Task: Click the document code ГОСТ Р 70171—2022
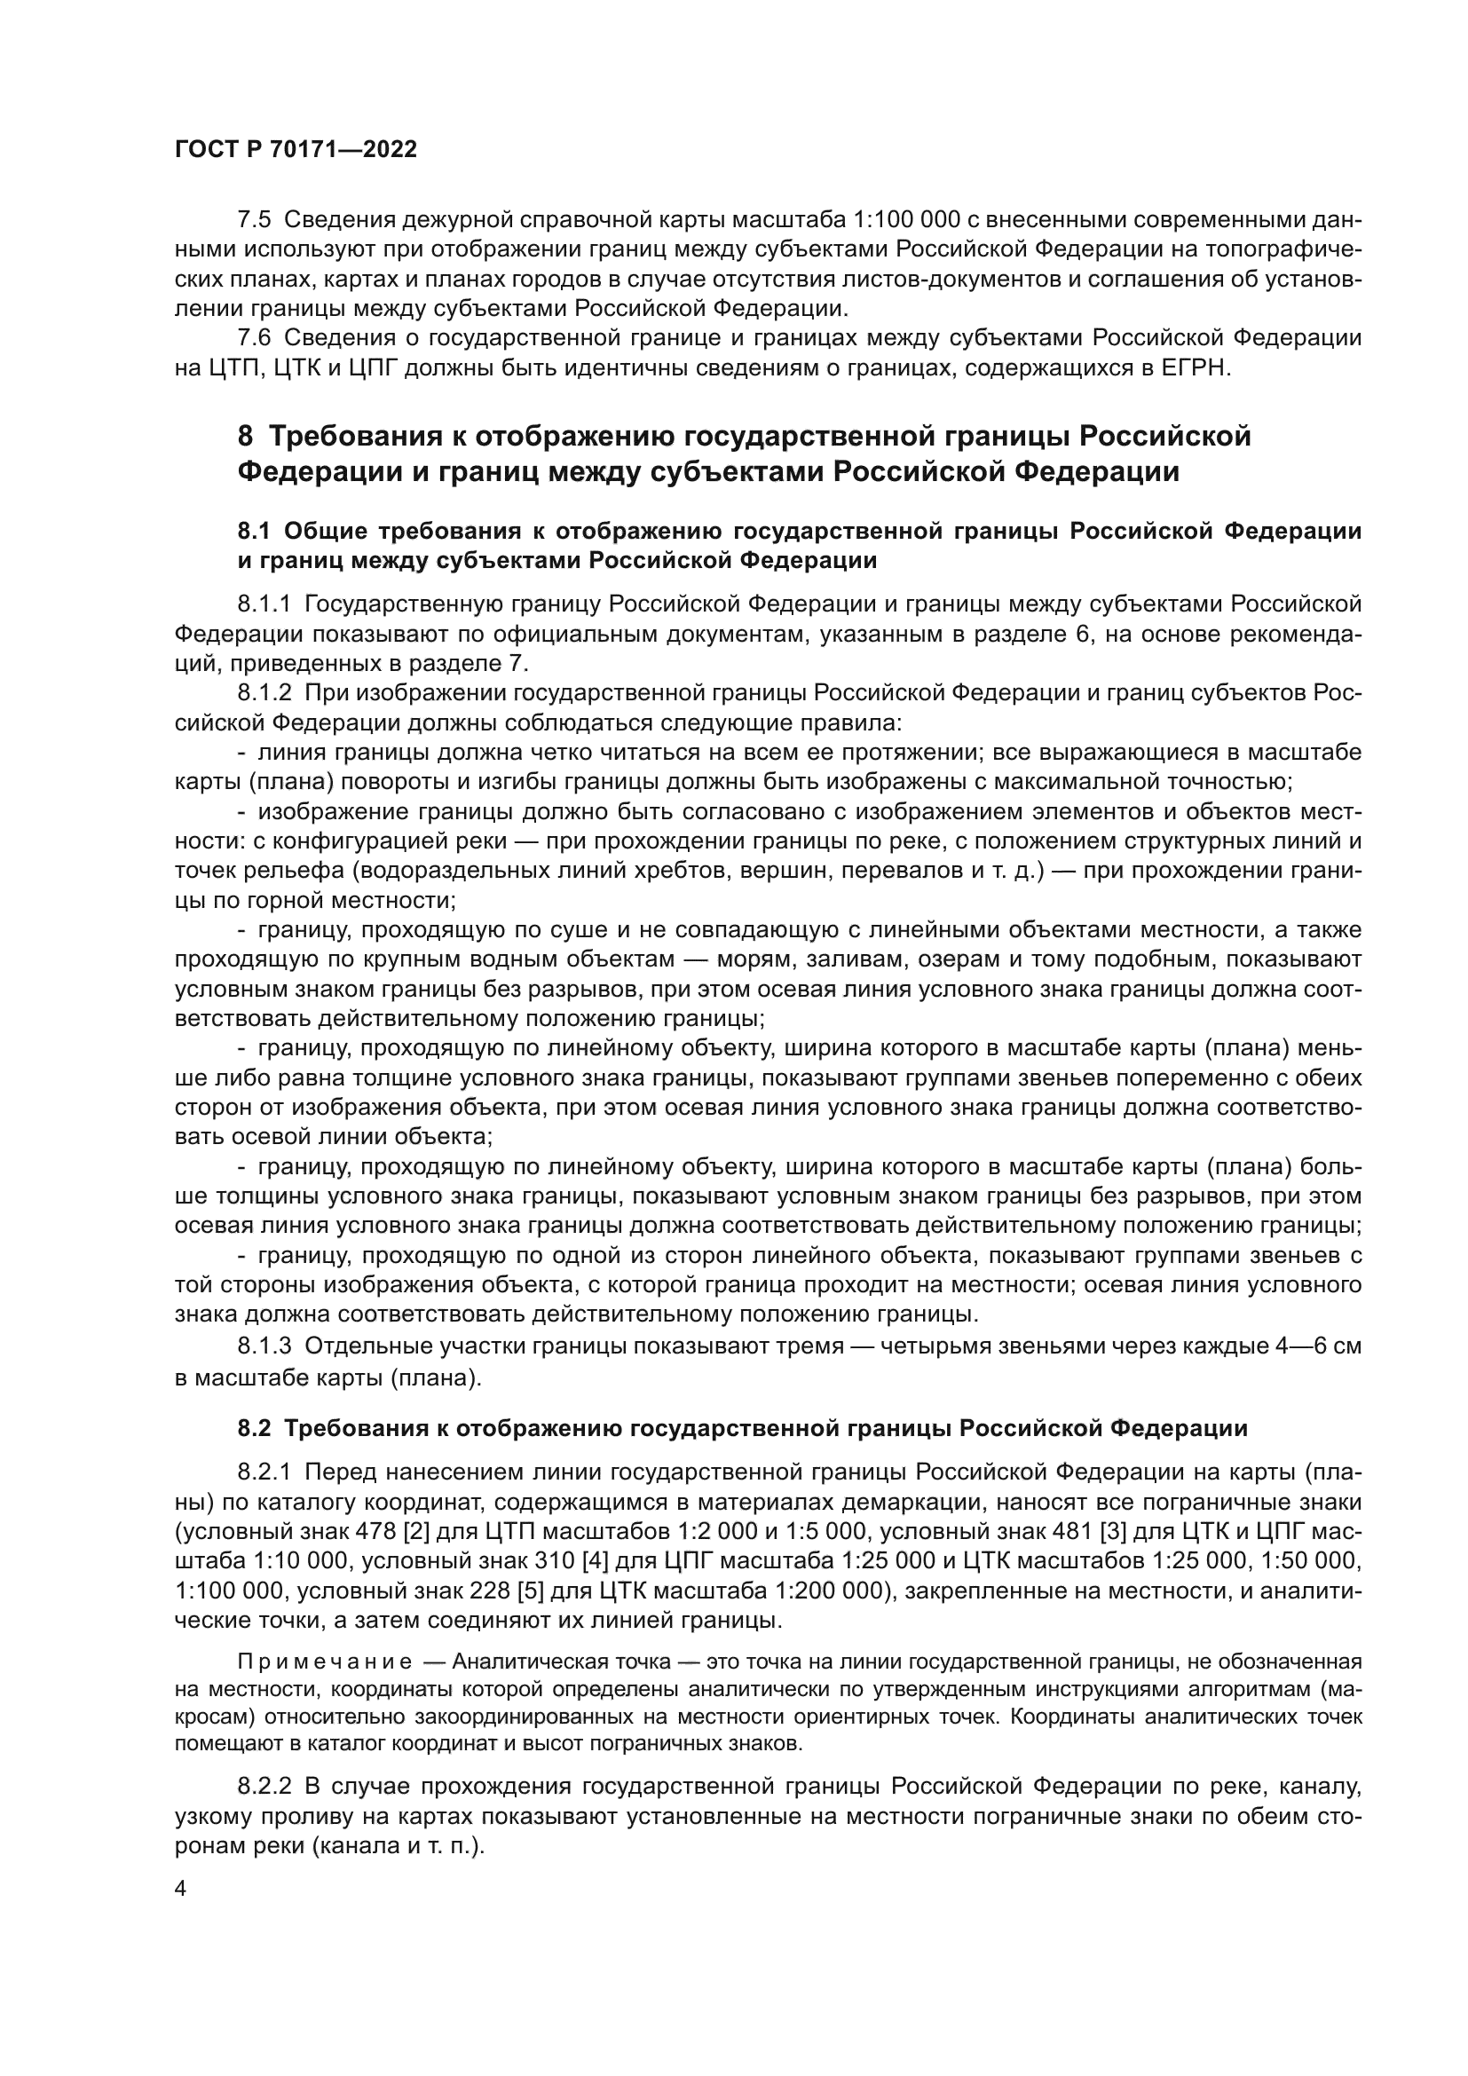pyautogui.click(x=296, y=150)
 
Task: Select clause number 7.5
pyautogui.click(x=254, y=220)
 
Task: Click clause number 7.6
pyautogui.click(x=254, y=338)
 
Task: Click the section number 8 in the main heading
pyautogui.click(x=245, y=436)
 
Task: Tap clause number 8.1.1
pyautogui.click(x=264, y=603)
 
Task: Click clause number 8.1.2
pyautogui.click(x=264, y=693)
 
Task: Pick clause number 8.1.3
pyautogui.click(x=264, y=1346)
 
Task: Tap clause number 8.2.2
pyautogui.click(x=264, y=1787)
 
